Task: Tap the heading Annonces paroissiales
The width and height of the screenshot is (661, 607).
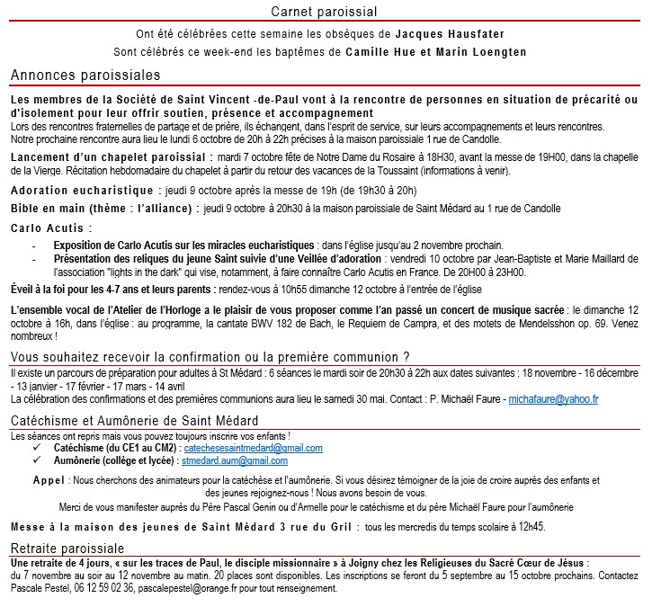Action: [85, 75]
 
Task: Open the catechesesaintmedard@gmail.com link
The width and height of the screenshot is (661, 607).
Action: [252, 447]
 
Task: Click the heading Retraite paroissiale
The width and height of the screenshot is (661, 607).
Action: [67, 549]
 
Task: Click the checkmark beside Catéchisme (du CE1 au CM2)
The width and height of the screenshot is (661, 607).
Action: [37, 447]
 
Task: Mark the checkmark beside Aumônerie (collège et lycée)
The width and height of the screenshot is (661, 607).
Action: [37, 459]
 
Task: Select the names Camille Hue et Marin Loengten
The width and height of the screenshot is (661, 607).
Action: [436, 52]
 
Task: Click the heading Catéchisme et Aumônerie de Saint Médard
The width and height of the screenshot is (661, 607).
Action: [134, 421]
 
